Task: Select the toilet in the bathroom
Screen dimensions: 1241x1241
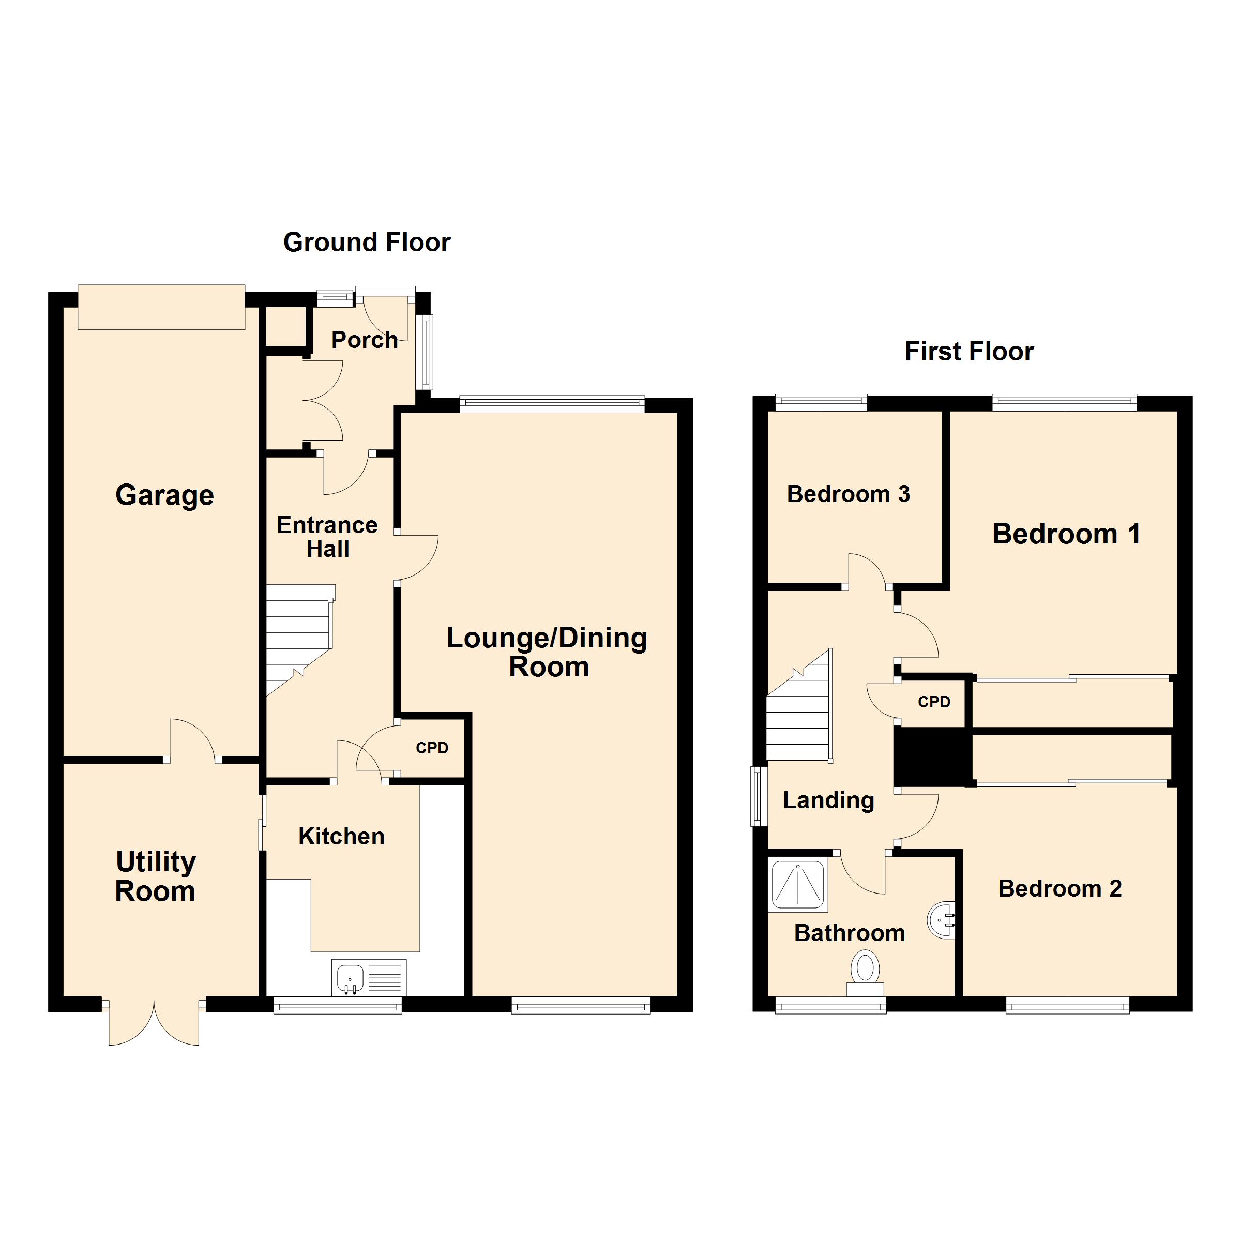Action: (865, 971)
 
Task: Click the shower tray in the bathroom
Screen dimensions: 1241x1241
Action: (798, 885)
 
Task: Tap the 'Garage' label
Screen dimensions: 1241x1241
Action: (164, 495)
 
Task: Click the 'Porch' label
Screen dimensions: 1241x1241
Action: (364, 340)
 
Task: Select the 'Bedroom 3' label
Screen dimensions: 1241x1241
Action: (848, 494)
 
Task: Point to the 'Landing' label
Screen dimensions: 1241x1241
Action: (828, 800)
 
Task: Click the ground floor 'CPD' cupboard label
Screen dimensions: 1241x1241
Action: (432, 748)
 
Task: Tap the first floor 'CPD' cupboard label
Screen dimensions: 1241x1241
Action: (933, 702)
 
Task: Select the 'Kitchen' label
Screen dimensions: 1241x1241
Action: (341, 836)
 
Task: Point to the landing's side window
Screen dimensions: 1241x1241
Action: (759, 796)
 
